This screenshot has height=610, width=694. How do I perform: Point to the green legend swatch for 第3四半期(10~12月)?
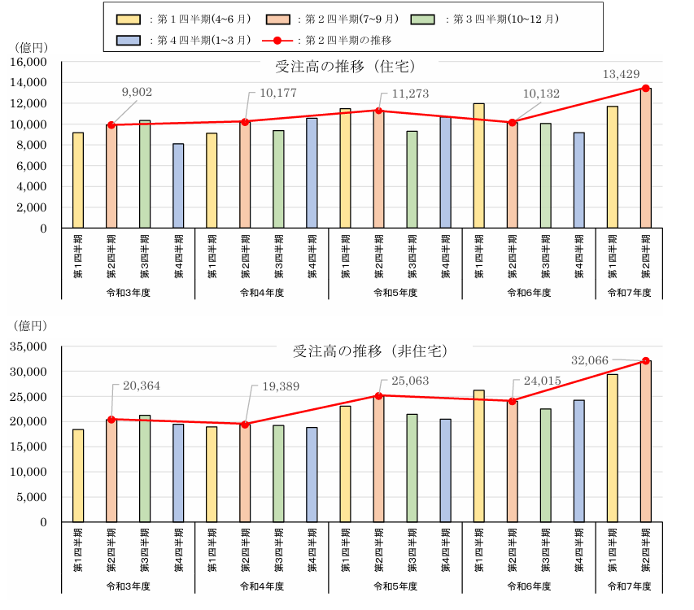click(424, 18)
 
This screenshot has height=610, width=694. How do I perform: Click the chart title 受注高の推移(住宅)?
click(346, 66)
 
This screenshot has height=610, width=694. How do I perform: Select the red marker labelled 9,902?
click(111, 125)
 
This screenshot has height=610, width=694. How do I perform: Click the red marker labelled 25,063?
click(378, 396)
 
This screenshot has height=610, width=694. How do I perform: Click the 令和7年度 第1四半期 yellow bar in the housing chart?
click(612, 168)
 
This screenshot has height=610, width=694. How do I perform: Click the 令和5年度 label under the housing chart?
click(395, 292)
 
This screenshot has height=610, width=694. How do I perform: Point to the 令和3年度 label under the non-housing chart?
click(128, 586)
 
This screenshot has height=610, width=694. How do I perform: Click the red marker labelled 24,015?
click(512, 401)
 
